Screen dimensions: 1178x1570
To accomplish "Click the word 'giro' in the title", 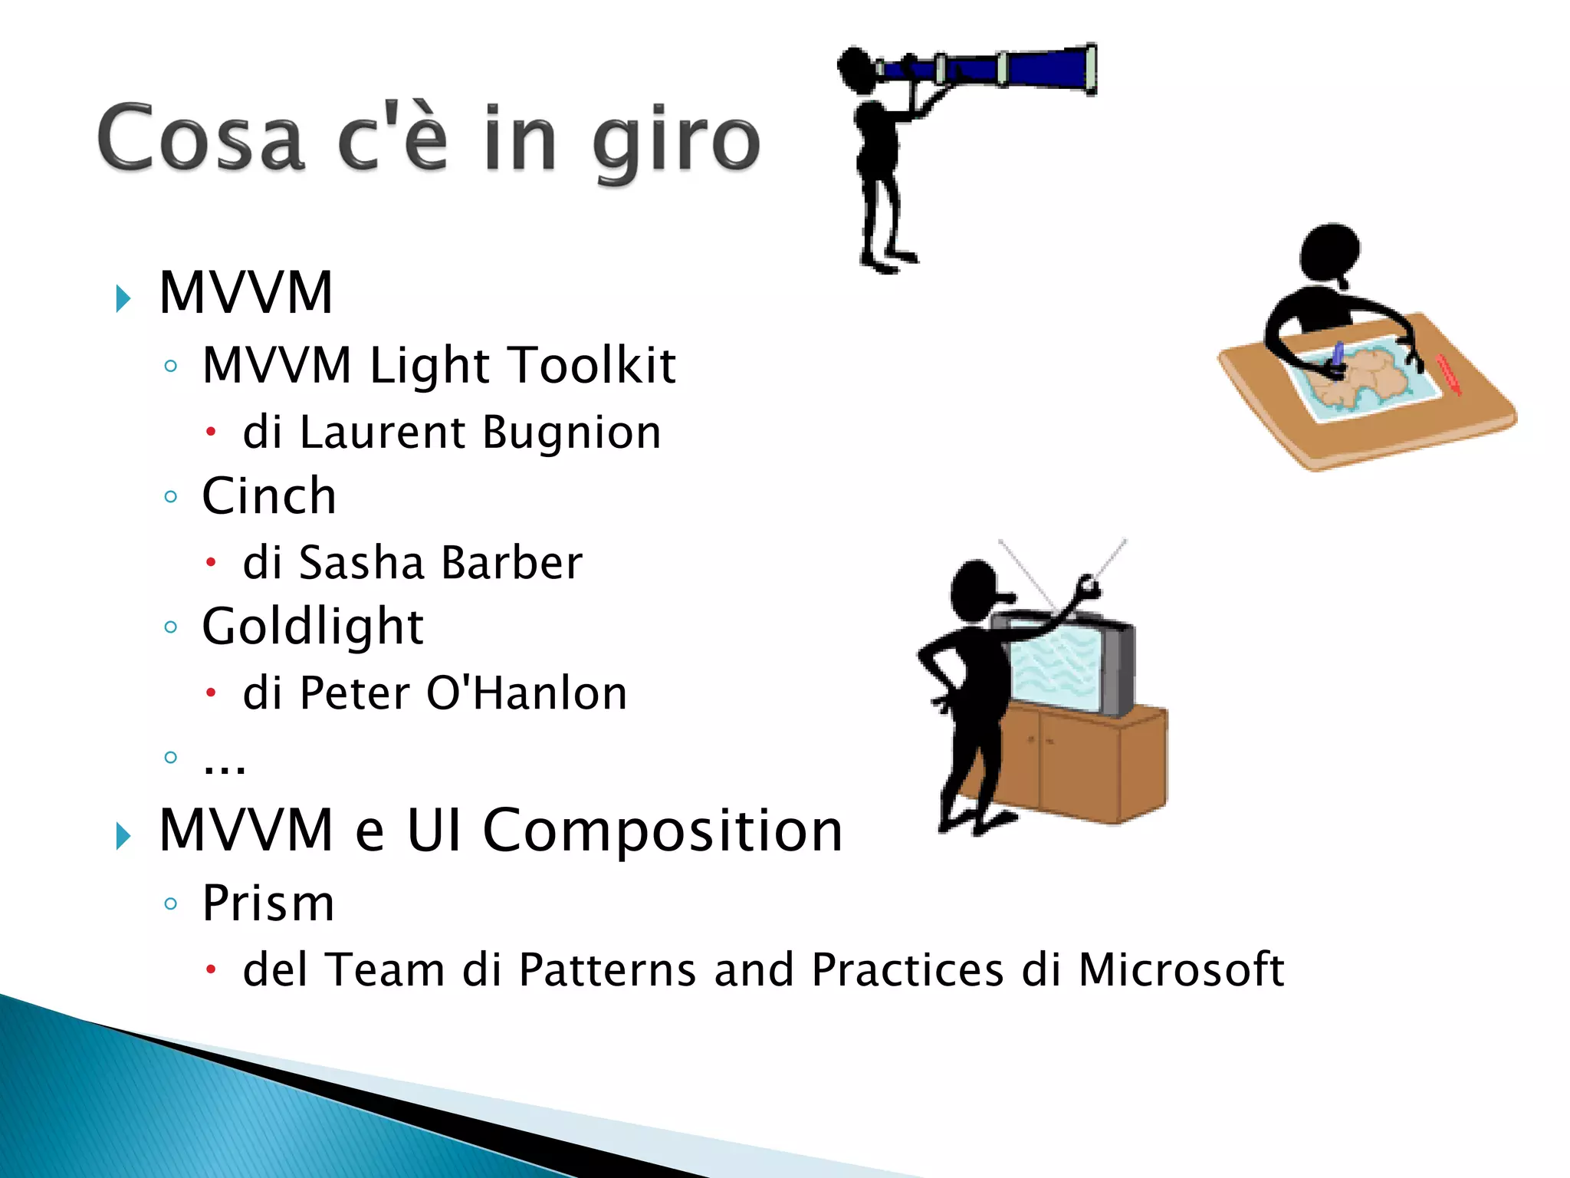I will (x=676, y=142).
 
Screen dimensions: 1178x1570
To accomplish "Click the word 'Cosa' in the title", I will (x=201, y=138).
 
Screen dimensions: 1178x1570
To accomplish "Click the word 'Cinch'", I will (x=269, y=496).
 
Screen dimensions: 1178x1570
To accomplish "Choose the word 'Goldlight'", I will (x=312, y=627).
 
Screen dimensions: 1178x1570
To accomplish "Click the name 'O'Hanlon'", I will (x=526, y=693).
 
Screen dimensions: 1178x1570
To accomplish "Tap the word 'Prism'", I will (x=268, y=903).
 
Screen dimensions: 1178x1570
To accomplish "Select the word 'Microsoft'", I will (x=1181, y=970).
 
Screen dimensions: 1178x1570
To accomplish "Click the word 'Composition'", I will (x=662, y=831).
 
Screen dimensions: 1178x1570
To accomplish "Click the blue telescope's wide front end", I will (x=1089, y=69).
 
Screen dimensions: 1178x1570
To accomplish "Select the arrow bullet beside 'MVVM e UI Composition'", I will (x=123, y=835).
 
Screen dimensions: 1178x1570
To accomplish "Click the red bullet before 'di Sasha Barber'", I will (x=212, y=563).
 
